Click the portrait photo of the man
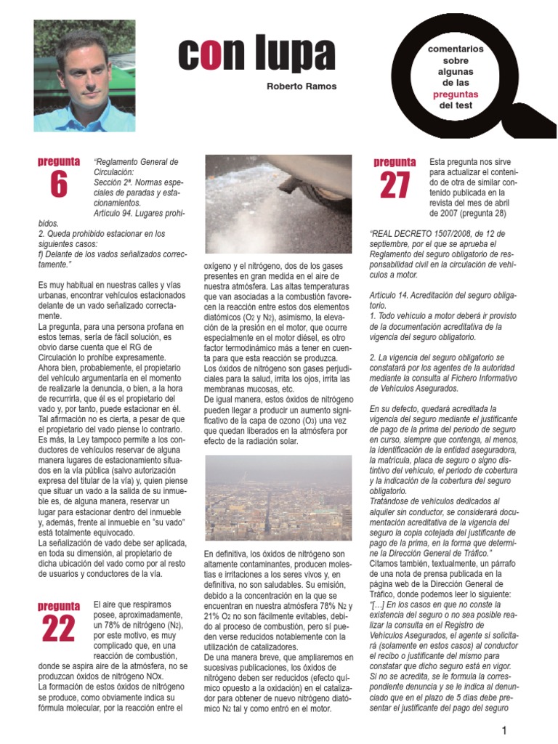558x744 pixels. coord(84,76)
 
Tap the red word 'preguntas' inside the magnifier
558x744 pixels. coord(456,94)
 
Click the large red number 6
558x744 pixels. coord(59,186)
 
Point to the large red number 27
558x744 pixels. coord(395,186)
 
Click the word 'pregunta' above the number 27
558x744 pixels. coord(395,163)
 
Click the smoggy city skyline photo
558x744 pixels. coord(278,498)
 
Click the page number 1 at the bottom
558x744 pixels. coord(503,729)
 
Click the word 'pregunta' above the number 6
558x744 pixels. coord(59,161)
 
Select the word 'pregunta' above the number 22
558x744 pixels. coord(59,605)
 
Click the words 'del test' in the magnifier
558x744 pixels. coord(456,105)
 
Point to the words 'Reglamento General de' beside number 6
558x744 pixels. coord(137,161)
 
